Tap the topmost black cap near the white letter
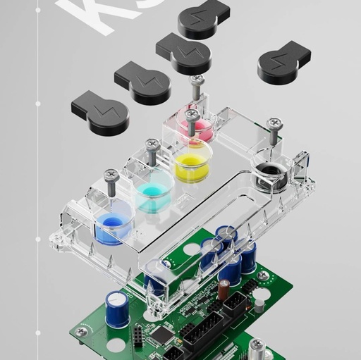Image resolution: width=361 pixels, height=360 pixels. tap(202, 20)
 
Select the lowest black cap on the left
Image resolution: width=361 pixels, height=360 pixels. tap(100, 113)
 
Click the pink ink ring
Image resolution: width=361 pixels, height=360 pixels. tap(198, 130)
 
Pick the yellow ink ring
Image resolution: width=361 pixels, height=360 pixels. tap(192, 168)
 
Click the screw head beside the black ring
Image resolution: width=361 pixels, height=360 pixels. tap(274, 125)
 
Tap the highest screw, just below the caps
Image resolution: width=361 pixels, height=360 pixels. tap(197, 82)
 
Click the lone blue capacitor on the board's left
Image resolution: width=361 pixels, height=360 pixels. tap(117, 307)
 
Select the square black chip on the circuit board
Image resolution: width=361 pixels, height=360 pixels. tap(163, 335)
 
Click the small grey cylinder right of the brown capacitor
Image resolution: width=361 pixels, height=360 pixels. tap(259, 304)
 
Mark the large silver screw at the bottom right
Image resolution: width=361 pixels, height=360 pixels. tap(257, 347)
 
